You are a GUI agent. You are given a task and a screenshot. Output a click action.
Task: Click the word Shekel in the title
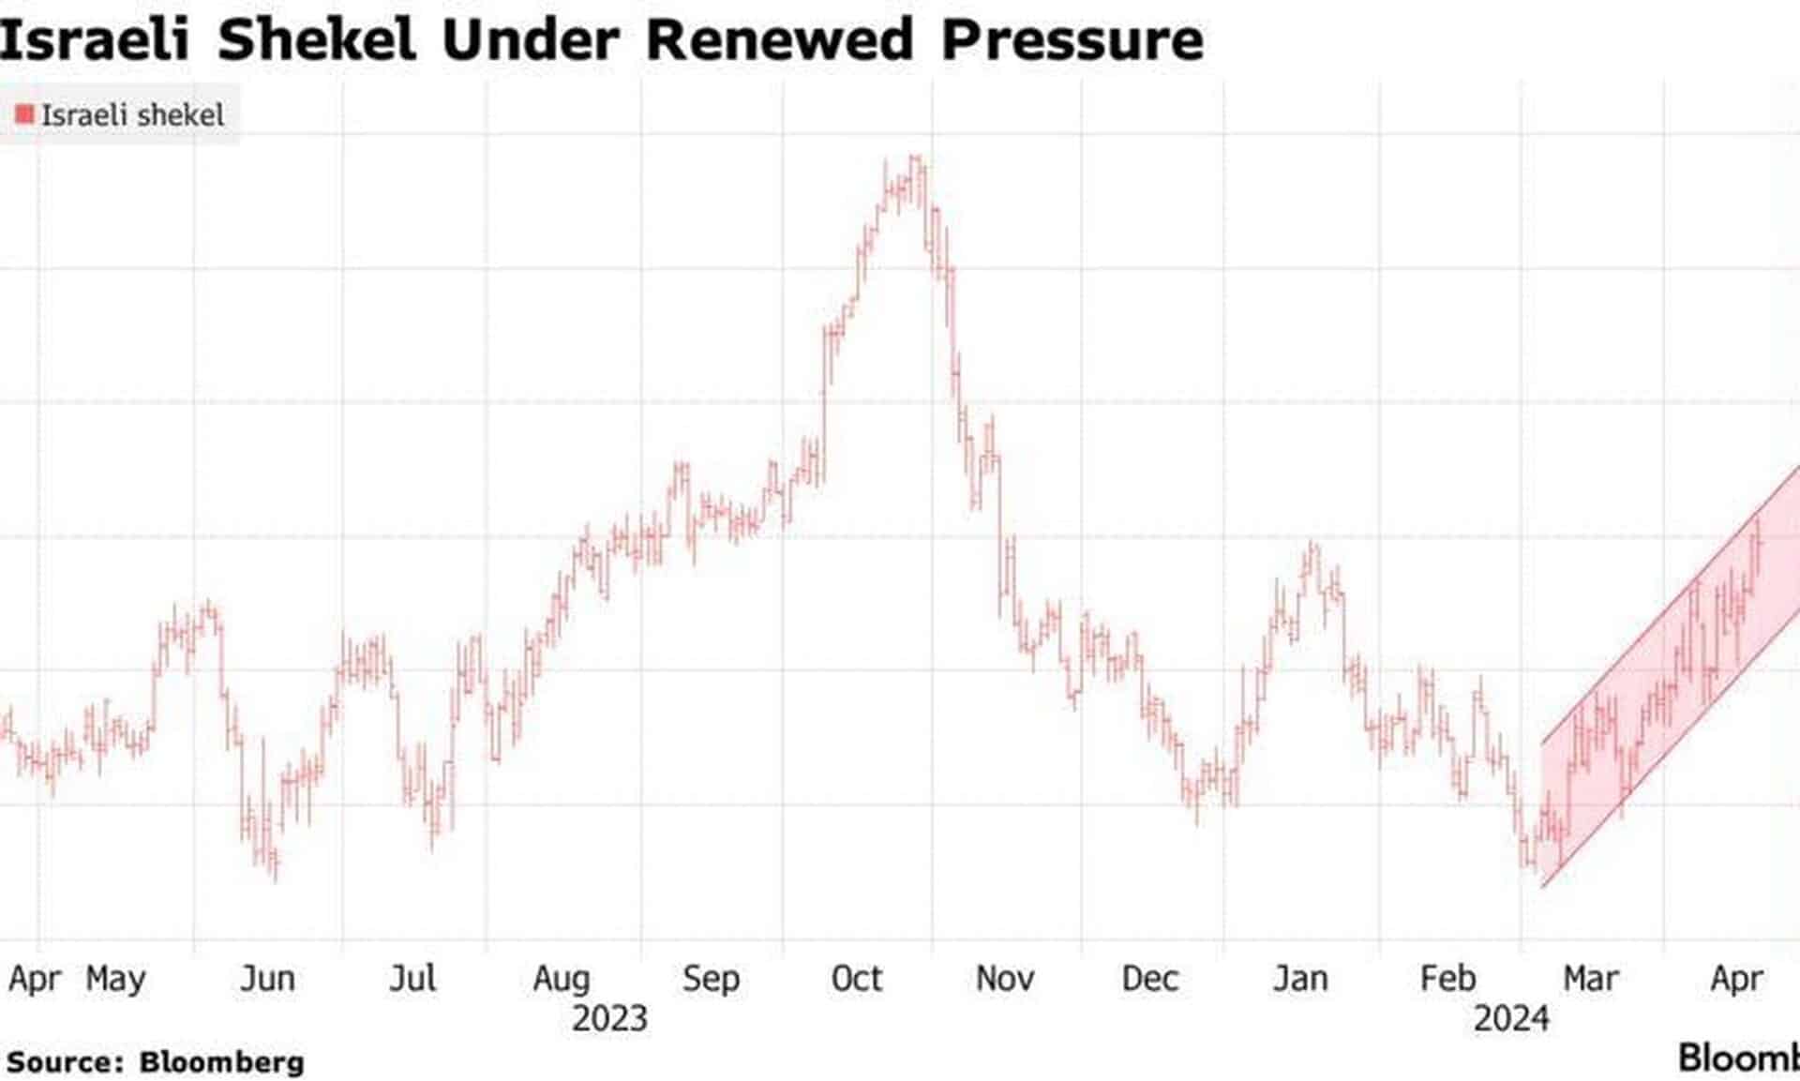[316, 39]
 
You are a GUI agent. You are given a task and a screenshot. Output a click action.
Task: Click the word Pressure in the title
[1072, 39]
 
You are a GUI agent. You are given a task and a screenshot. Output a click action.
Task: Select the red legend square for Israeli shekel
[25, 114]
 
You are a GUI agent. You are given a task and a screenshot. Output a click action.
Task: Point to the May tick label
[115, 978]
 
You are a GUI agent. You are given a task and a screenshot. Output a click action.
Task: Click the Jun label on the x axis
[267, 978]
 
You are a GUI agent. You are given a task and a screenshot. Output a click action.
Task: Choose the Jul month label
[412, 978]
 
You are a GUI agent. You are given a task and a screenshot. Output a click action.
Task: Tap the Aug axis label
[561, 978]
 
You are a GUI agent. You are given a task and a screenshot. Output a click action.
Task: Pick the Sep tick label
[711, 978]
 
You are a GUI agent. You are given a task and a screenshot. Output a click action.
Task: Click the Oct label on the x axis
[857, 978]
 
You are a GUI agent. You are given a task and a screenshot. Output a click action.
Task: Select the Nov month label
[1005, 978]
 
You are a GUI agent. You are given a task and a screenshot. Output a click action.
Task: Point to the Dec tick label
[1149, 978]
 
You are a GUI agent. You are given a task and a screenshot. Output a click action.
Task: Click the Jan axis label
[1300, 978]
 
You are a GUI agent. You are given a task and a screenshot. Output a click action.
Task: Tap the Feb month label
[1447, 978]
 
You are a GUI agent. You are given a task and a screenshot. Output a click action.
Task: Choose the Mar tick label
[1590, 978]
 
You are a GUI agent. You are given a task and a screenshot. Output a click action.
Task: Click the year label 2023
[609, 1018]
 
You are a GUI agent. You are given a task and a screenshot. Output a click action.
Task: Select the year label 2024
[1511, 1018]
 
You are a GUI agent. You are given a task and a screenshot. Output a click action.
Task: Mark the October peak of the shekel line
[916, 158]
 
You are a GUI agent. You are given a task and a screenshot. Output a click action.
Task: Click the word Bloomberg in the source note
[221, 1062]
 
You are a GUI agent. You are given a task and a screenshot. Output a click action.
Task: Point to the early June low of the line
[275, 877]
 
